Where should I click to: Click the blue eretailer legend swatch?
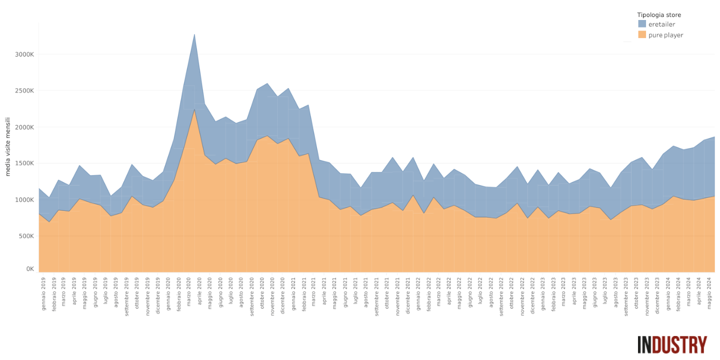pos(642,23)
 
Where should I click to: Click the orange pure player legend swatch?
pos(642,34)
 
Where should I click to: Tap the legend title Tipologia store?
pos(658,15)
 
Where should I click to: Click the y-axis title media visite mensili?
pos(8,146)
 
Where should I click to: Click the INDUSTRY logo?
pos(672,344)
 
